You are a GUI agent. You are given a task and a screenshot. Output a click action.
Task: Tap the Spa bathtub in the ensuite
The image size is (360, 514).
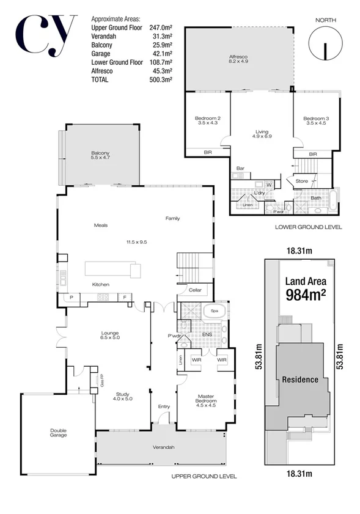tap(215, 311)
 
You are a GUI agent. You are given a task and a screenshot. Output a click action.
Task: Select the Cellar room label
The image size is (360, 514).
tap(195, 290)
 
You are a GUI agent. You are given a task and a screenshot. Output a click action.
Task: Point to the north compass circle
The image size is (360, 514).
tap(325, 46)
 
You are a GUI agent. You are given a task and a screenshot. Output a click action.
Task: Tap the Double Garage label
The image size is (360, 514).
tap(58, 433)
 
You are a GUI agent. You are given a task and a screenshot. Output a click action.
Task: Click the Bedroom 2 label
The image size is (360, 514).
tap(207, 120)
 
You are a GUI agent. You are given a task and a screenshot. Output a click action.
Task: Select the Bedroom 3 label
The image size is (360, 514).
tap(315, 120)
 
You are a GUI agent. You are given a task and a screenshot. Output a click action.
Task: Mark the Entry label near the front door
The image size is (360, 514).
tap(164, 406)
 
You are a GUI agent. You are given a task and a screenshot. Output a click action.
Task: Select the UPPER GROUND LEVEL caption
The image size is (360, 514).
tap(204, 476)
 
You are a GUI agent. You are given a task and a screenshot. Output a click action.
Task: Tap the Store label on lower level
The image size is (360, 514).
tap(302, 181)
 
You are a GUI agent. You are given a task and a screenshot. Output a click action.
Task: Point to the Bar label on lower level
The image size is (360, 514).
tap(240, 167)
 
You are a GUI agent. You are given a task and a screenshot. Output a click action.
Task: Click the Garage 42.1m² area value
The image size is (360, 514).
tap(161, 54)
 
